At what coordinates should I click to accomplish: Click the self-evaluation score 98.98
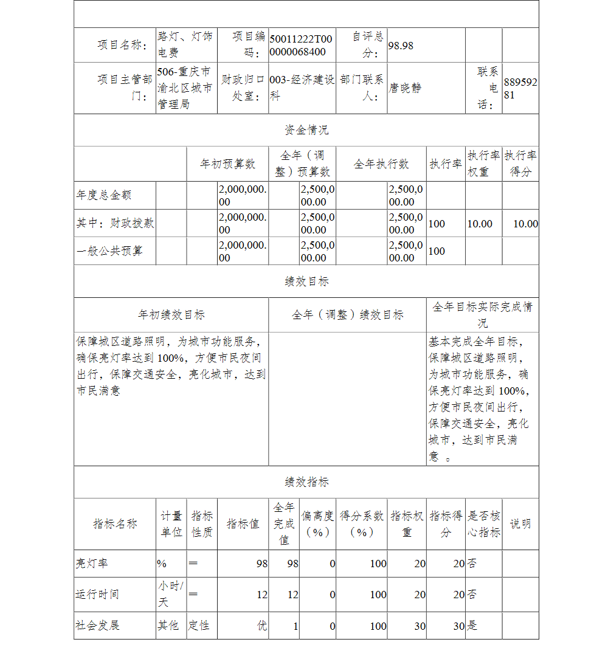(x=401, y=46)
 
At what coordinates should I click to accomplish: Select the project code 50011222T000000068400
(x=302, y=45)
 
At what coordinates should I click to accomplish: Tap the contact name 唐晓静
(x=405, y=88)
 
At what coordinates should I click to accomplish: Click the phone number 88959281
(x=520, y=88)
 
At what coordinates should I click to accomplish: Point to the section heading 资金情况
(x=306, y=130)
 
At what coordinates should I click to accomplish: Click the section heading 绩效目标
(x=306, y=281)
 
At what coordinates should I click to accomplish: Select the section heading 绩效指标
(x=306, y=482)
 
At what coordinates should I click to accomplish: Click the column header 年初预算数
(x=228, y=164)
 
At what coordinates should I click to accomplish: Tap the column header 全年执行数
(x=381, y=164)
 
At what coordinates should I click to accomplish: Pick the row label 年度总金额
(x=104, y=195)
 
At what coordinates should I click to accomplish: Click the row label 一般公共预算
(x=109, y=251)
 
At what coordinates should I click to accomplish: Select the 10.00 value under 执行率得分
(x=525, y=224)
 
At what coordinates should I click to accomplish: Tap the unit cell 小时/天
(x=170, y=594)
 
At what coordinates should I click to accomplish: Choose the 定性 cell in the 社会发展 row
(x=199, y=625)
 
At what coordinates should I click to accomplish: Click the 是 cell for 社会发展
(x=472, y=625)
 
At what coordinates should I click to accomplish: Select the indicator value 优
(x=261, y=625)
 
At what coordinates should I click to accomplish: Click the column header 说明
(x=520, y=523)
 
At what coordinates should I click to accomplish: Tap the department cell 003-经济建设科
(x=302, y=88)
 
